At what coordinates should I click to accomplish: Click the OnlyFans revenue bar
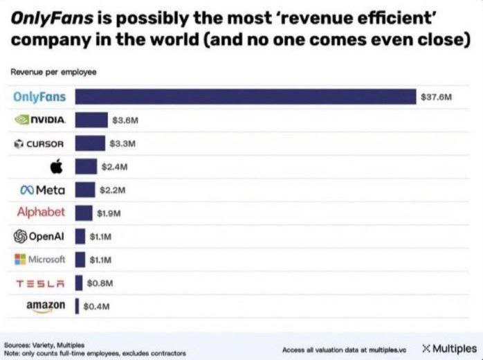[x=246, y=97]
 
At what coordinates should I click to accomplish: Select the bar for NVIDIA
[x=91, y=120]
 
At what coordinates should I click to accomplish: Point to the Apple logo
[x=57, y=166]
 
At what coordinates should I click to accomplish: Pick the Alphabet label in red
[x=41, y=212]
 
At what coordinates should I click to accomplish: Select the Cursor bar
[x=90, y=143]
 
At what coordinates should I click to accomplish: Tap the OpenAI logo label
[x=39, y=236]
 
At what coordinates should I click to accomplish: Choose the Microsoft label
[x=40, y=259]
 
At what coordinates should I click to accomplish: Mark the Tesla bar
[x=79, y=282]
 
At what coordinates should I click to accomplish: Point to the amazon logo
[x=46, y=305]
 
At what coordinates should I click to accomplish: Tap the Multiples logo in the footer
[x=449, y=348]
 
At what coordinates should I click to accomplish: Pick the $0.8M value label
[x=100, y=282]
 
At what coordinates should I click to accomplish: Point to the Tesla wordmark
[x=40, y=282]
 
